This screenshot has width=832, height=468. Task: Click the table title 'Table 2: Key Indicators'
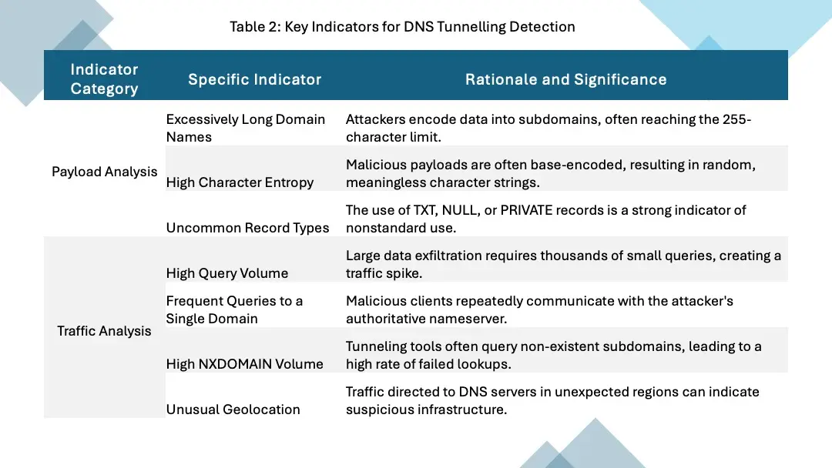pos(402,27)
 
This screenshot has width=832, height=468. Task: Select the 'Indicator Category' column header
pos(104,79)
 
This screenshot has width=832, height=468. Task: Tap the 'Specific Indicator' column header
pos(254,79)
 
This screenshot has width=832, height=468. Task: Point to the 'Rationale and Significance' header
pos(565,79)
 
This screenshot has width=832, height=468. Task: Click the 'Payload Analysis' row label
pos(104,172)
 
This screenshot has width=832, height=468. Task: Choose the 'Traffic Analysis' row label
pos(104,331)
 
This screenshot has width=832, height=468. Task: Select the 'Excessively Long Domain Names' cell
pos(246,128)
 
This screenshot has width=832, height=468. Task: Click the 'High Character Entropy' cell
pos(240,182)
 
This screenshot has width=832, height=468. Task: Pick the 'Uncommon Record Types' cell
pos(247,228)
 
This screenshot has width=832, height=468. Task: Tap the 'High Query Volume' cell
pos(227,273)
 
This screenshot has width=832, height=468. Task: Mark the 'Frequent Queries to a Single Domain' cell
pos(234,309)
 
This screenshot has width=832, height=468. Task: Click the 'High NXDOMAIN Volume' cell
pos(244,364)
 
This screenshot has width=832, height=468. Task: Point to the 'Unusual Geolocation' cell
pos(233,409)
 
